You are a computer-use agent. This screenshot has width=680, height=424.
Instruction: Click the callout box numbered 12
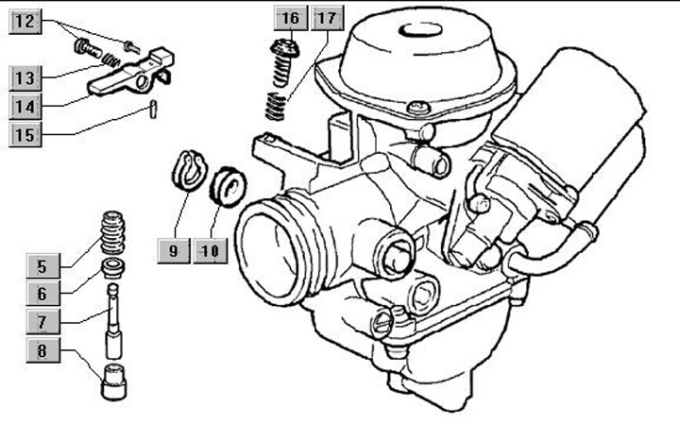(x=25, y=21)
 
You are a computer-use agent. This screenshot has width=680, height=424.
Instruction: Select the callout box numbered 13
(x=25, y=78)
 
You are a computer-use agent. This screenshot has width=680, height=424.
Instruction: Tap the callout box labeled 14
(x=25, y=106)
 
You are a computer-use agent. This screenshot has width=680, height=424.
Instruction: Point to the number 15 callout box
(x=25, y=134)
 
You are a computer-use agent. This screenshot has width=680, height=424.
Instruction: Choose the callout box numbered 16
(x=291, y=18)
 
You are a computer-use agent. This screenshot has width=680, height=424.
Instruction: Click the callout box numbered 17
(x=327, y=18)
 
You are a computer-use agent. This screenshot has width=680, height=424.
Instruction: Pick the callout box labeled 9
(x=174, y=250)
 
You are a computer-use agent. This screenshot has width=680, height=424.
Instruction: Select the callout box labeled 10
(x=211, y=250)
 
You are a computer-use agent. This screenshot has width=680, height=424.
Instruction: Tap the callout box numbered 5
(x=42, y=266)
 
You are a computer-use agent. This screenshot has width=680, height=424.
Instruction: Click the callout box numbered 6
(x=42, y=294)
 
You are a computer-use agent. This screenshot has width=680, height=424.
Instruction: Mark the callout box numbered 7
(x=42, y=322)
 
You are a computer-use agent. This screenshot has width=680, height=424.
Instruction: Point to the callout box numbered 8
(x=42, y=349)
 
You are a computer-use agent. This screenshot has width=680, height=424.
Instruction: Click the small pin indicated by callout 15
(x=153, y=109)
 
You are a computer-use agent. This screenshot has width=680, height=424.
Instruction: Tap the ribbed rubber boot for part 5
(x=112, y=232)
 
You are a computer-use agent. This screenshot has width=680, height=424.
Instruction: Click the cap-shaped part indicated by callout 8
(x=113, y=382)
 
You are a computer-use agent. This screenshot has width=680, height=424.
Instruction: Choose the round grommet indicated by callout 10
(x=228, y=186)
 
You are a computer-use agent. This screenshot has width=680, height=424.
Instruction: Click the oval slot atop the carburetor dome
(x=420, y=30)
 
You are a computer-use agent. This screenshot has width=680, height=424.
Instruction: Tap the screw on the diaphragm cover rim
(x=419, y=107)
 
